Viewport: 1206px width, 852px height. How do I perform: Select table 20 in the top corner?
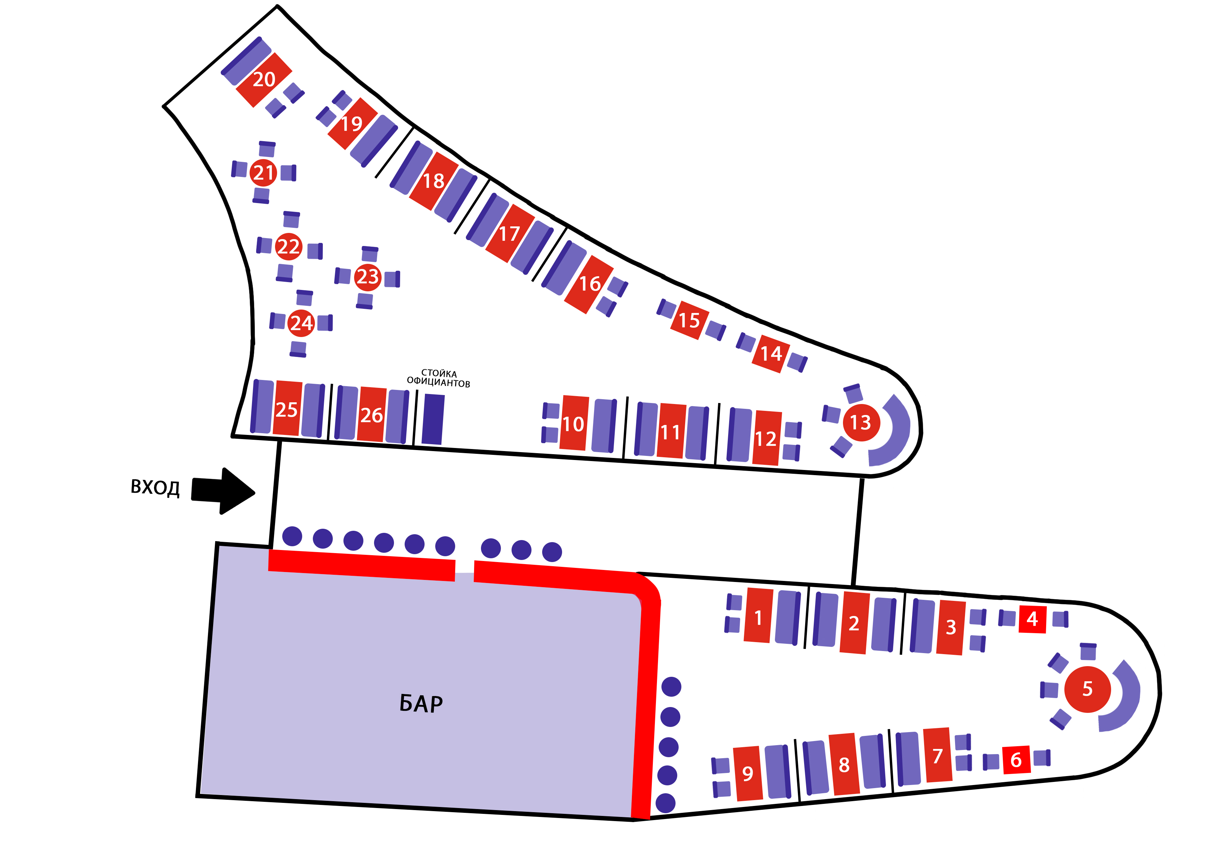(264, 80)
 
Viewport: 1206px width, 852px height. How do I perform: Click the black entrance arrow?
(223, 491)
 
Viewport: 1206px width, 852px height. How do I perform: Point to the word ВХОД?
(155, 488)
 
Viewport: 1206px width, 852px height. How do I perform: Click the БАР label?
(421, 704)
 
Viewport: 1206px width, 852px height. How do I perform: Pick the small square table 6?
(1016, 760)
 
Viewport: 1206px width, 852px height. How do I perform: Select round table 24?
(301, 323)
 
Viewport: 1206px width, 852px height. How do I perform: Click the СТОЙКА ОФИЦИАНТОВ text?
(439, 378)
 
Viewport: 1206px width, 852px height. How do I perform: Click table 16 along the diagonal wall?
(589, 284)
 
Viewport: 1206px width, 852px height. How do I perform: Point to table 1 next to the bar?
(758, 615)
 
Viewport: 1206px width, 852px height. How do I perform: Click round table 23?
(368, 277)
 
